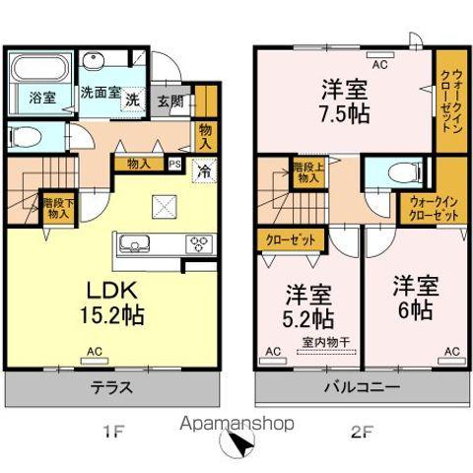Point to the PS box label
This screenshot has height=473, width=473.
(x=175, y=166)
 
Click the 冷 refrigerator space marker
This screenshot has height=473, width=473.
(x=205, y=170)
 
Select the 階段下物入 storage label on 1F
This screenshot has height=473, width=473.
(x=56, y=207)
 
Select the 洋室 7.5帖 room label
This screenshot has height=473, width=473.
(x=344, y=101)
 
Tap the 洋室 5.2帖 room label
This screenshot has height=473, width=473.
(x=308, y=305)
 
